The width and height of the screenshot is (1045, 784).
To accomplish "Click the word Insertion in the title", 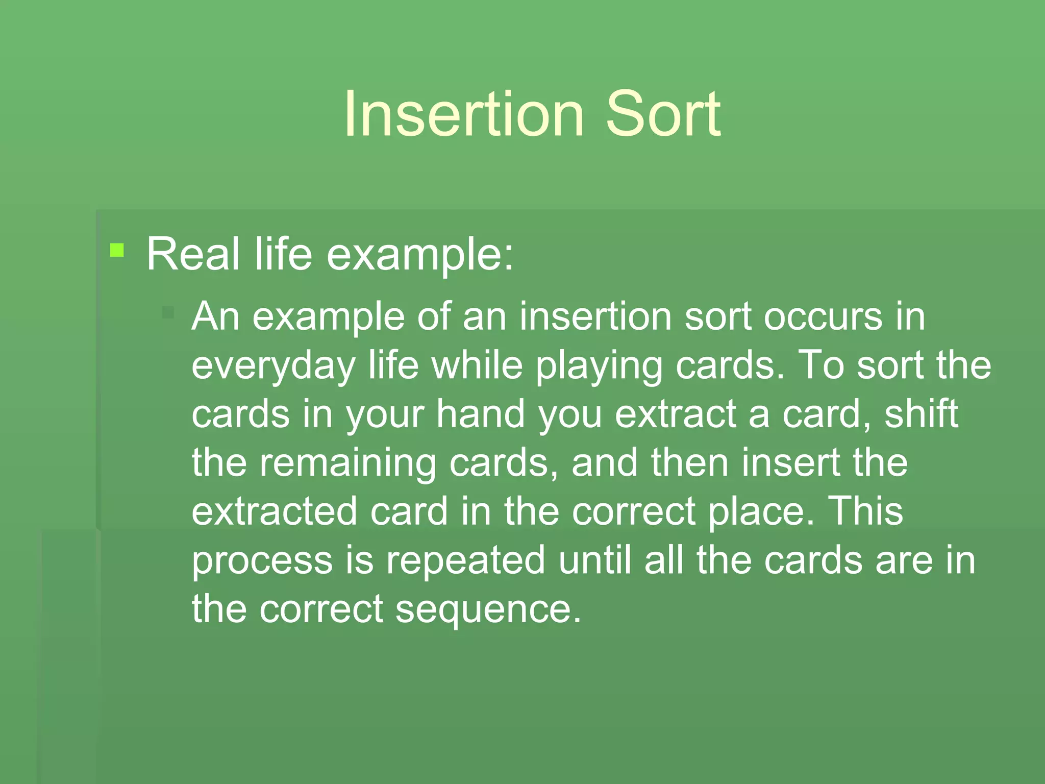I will pos(463,114).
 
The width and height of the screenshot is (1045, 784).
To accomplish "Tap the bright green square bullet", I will pos(117,250).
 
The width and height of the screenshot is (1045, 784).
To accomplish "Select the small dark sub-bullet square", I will pos(168,312).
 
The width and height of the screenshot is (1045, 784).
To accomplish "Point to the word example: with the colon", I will pos(419,255).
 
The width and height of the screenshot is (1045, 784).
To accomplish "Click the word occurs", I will pos(823,316).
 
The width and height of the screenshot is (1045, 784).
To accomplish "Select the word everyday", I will pos(273,366).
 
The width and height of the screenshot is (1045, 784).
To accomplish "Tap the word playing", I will pos(599,366).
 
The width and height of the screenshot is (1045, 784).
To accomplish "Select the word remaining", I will pos(347,463).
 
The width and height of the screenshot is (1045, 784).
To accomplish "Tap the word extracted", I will pos(274,511).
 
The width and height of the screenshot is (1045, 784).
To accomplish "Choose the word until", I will pos(595,560).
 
